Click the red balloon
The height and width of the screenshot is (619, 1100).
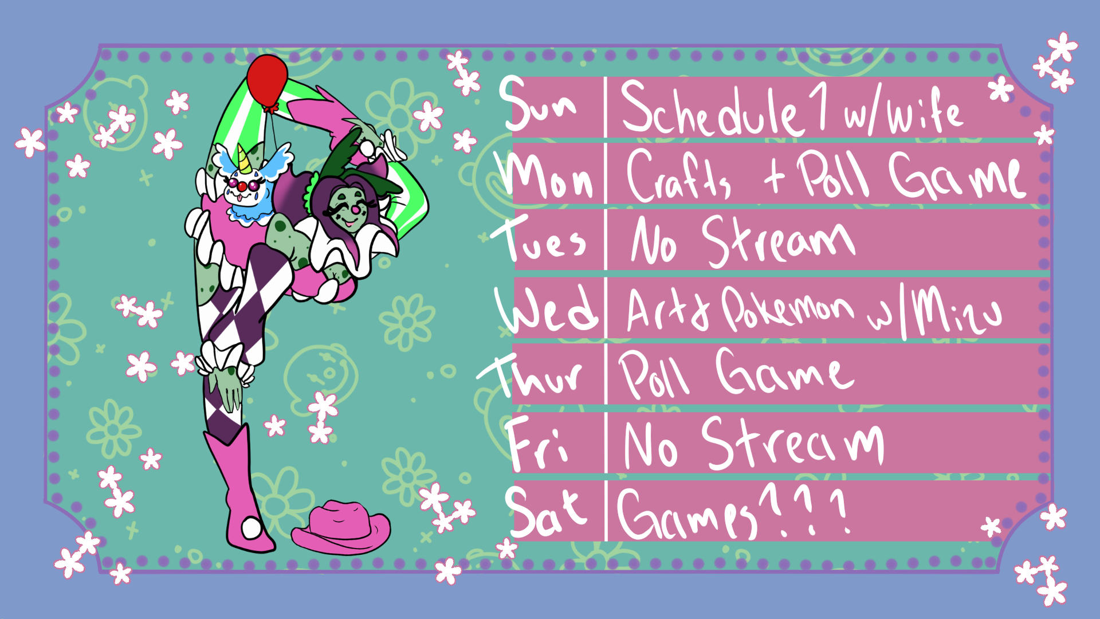267,80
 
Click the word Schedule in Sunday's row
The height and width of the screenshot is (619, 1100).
710,109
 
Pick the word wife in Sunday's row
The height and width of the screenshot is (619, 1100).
925,112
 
